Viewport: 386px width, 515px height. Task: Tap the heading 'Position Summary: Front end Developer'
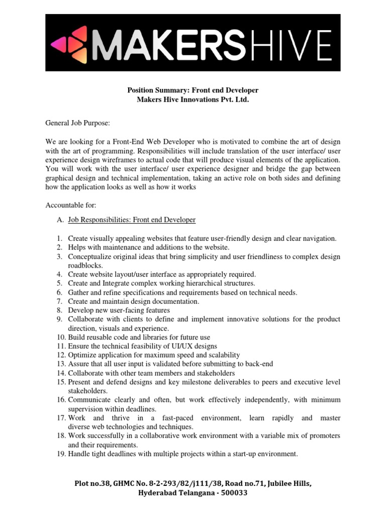[193, 91]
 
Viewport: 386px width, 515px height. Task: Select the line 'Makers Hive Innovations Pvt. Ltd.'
[193, 100]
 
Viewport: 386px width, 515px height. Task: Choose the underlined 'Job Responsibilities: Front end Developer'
[132, 220]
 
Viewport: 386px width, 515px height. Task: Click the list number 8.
[59, 310]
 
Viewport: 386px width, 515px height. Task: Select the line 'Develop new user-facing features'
[119, 310]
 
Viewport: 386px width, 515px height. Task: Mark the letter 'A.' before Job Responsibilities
[60, 220]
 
